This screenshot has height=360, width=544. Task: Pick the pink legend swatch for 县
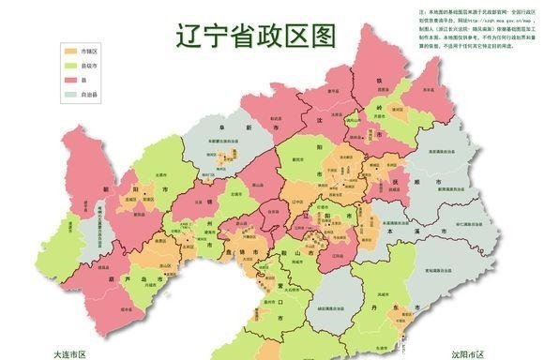tap(70, 81)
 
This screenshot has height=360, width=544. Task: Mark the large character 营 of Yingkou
tap(282, 281)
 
